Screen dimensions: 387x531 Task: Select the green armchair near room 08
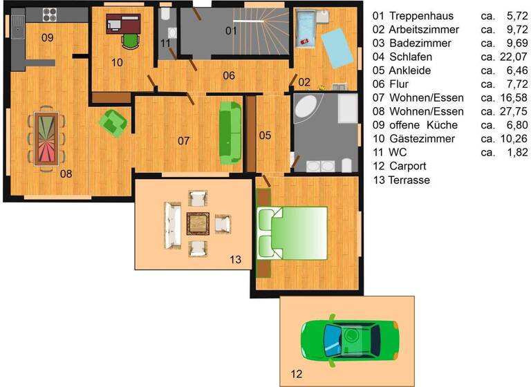pos(113,122)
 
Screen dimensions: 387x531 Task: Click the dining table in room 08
pos(47,135)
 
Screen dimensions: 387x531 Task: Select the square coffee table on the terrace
pos(197,223)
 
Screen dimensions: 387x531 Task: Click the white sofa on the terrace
pos(169,224)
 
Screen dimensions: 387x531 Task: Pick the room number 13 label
pos(236,260)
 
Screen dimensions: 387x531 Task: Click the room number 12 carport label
pos(296,375)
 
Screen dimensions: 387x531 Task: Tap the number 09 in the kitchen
pos(47,37)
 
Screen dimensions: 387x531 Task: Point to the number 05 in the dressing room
pos(265,135)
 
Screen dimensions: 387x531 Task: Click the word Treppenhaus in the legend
pos(421,15)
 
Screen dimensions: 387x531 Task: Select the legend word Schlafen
pos(412,56)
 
